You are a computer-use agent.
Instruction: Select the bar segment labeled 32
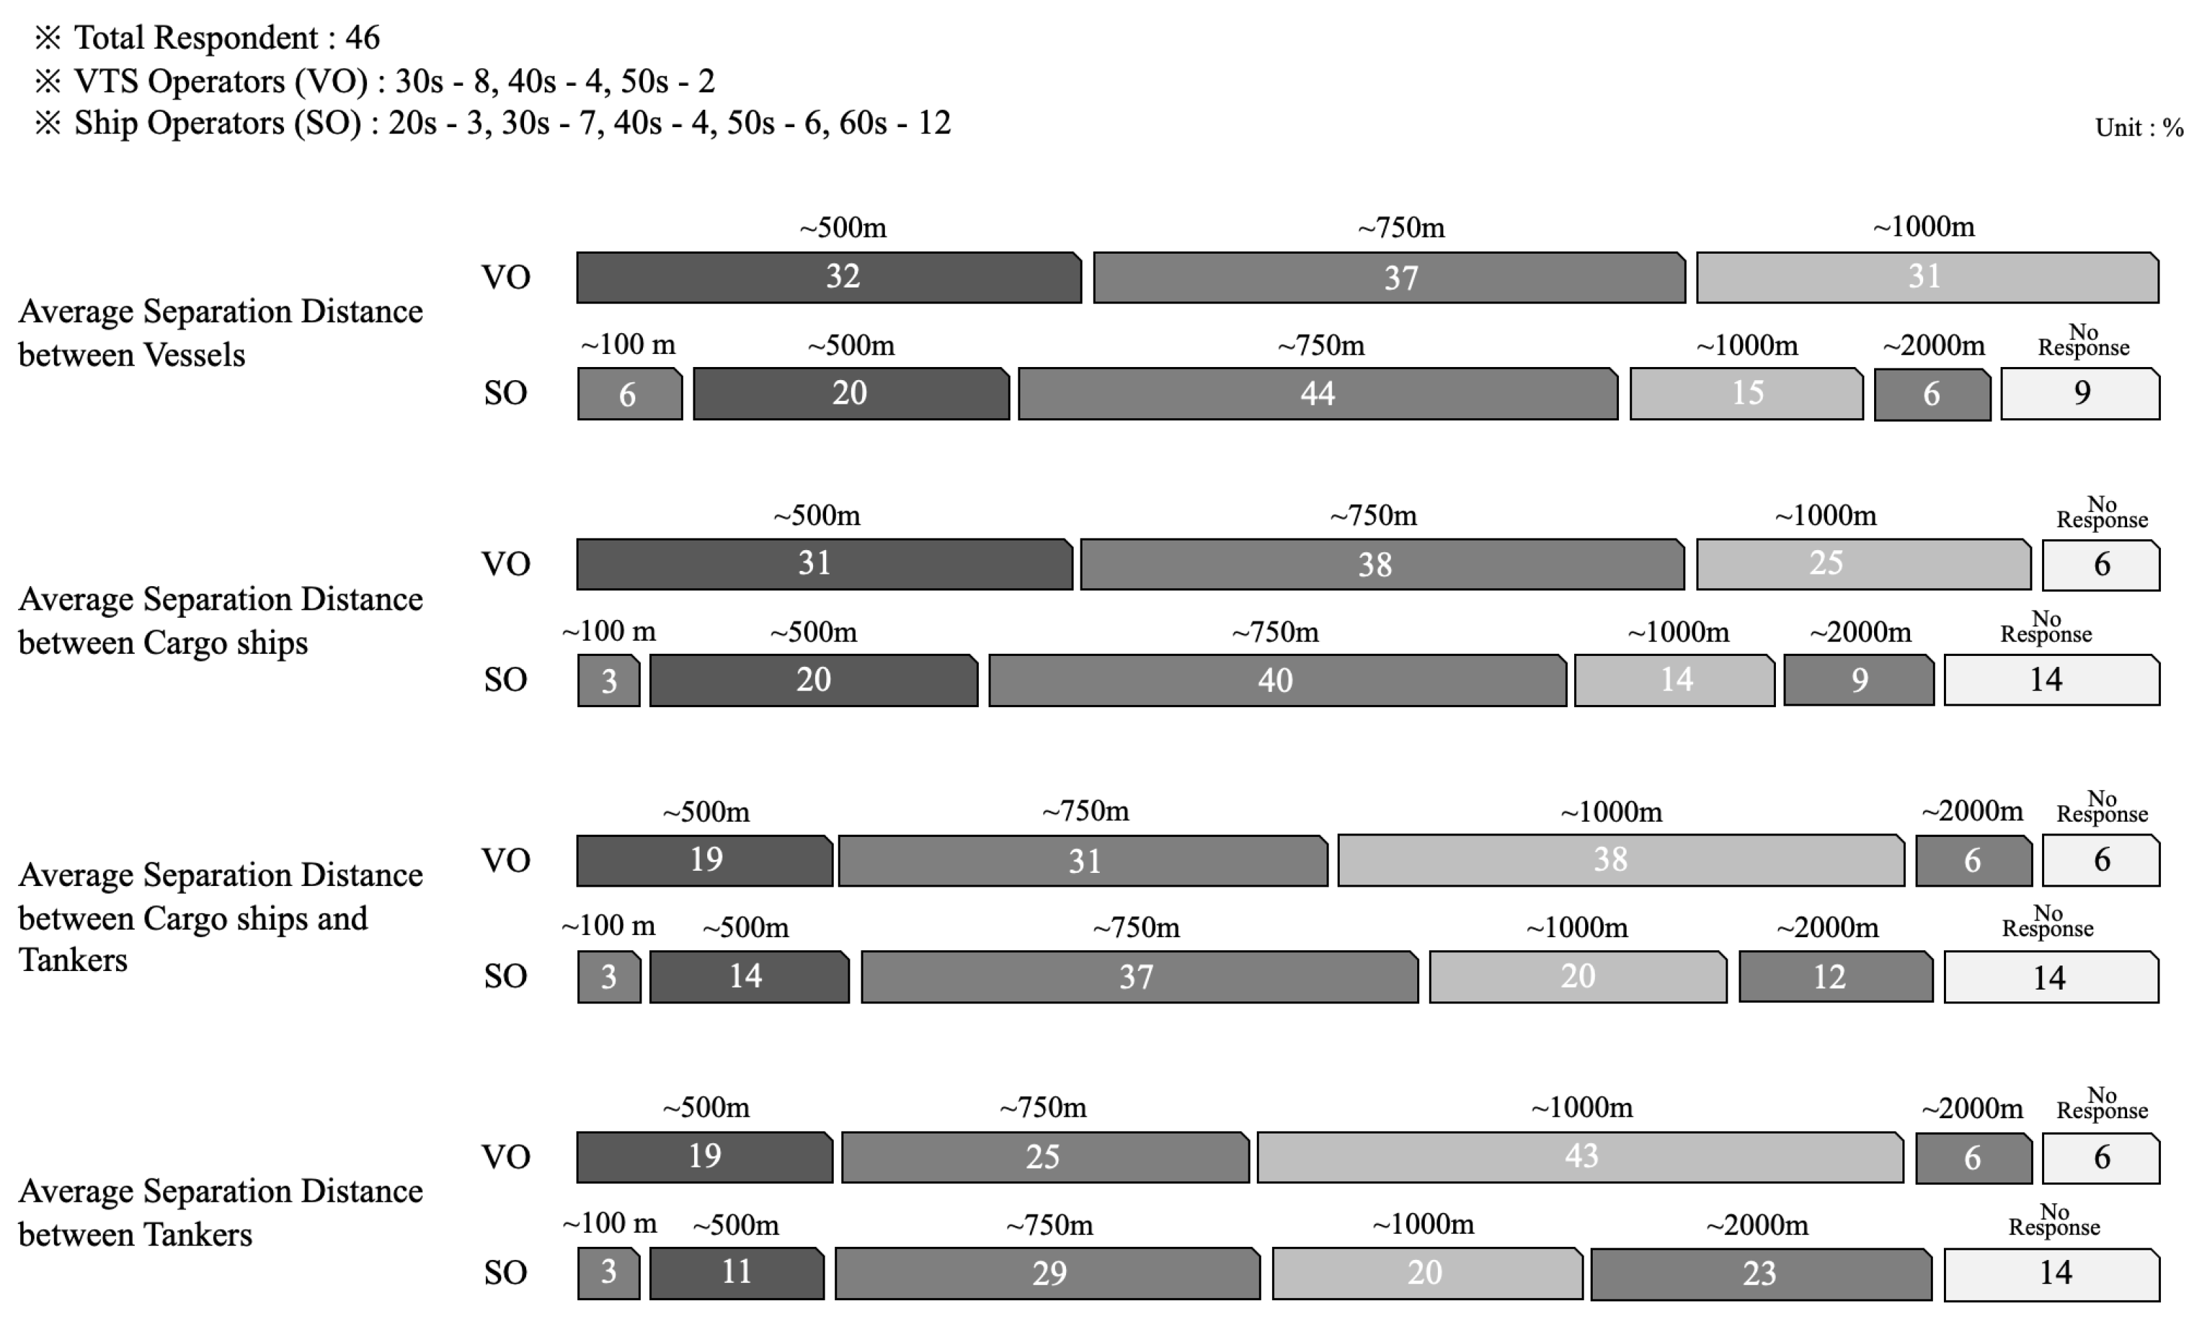(829, 277)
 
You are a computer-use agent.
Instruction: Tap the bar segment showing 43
(1580, 1156)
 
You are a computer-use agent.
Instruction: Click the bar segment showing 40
(1276, 680)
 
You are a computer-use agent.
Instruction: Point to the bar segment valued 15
(1746, 393)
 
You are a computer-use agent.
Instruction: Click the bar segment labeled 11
(736, 1272)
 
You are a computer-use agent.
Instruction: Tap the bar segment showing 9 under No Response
(2080, 393)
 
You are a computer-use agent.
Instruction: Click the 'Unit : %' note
(2139, 128)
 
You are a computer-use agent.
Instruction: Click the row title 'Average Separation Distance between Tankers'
(221, 1212)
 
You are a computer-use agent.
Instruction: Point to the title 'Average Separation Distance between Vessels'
(221, 333)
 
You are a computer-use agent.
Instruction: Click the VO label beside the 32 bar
(506, 277)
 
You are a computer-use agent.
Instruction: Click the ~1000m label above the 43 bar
(1582, 1107)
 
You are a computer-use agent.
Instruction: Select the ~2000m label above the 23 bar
(1757, 1225)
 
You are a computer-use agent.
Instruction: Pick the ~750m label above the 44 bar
(1320, 346)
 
